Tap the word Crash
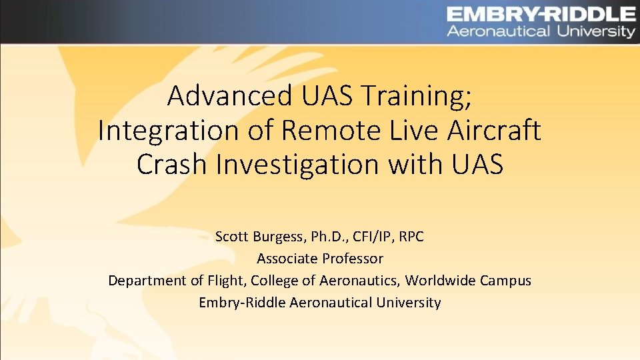[x=173, y=165]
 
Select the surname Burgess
[x=275, y=237]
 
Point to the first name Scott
[x=231, y=237]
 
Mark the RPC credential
[x=411, y=237]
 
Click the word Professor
[x=353, y=258]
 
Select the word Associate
[x=287, y=258]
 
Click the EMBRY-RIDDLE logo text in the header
[x=540, y=14]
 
